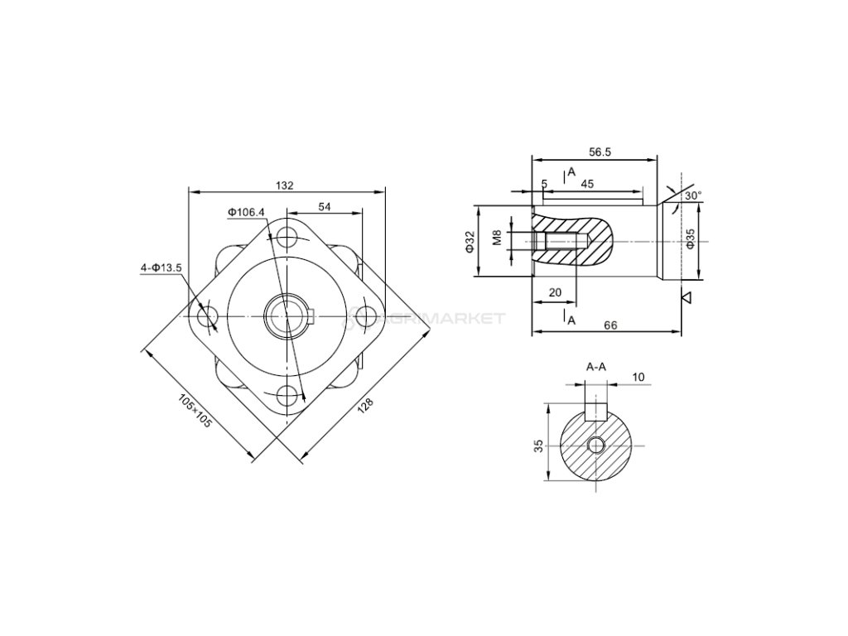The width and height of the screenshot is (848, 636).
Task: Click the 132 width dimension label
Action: (x=286, y=185)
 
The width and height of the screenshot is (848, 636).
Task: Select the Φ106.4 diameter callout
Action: (x=247, y=213)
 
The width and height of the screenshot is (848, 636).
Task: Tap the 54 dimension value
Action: (x=325, y=206)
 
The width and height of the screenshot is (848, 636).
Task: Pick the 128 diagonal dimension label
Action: (x=365, y=406)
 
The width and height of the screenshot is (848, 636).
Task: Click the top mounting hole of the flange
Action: (x=287, y=238)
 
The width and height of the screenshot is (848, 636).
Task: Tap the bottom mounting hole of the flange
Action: (x=287, y=396)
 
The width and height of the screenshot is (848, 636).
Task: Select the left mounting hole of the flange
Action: (x=208, y=316)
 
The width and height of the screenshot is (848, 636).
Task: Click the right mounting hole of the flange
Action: (x=366, y=316)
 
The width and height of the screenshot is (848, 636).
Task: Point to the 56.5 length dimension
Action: (x=600, y=152)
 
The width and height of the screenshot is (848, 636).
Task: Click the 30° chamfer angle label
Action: (x=693, y=195)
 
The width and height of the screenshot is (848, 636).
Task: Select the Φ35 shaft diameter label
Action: (x=690, y=242)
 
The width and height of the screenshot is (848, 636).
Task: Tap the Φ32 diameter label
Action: (x=469, y=242)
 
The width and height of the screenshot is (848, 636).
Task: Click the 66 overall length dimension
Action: (x=609, y=325)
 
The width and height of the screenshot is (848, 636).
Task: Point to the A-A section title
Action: (x=595, y=366)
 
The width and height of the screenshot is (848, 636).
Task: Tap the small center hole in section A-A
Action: (x=595, y=446)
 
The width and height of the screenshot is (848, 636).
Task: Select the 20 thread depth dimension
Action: (x=555, y=292)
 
